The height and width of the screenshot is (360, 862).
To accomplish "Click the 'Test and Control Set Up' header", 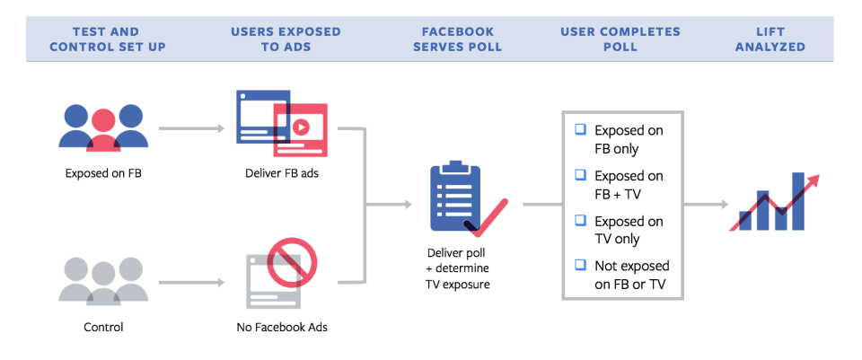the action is [107, 39].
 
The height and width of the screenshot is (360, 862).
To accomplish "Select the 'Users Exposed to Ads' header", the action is [286, 39].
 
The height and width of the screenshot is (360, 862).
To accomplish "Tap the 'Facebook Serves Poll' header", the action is [457, 39].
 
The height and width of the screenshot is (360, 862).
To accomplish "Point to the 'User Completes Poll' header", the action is [620, 39].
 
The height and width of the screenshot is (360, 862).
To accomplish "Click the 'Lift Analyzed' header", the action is [770, 39].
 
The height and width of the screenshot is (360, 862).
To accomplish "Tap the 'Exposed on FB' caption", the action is [103, 173].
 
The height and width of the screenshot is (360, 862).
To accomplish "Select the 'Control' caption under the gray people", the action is [103, 328].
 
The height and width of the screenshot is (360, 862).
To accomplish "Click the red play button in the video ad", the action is [300, 127].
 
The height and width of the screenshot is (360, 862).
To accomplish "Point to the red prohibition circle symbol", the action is [292, 261].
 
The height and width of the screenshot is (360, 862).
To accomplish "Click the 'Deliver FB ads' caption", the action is [282, 173].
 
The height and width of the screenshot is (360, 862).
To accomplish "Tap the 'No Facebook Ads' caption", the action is [282, 328].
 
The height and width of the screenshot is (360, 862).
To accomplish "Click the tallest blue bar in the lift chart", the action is [798, 201].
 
